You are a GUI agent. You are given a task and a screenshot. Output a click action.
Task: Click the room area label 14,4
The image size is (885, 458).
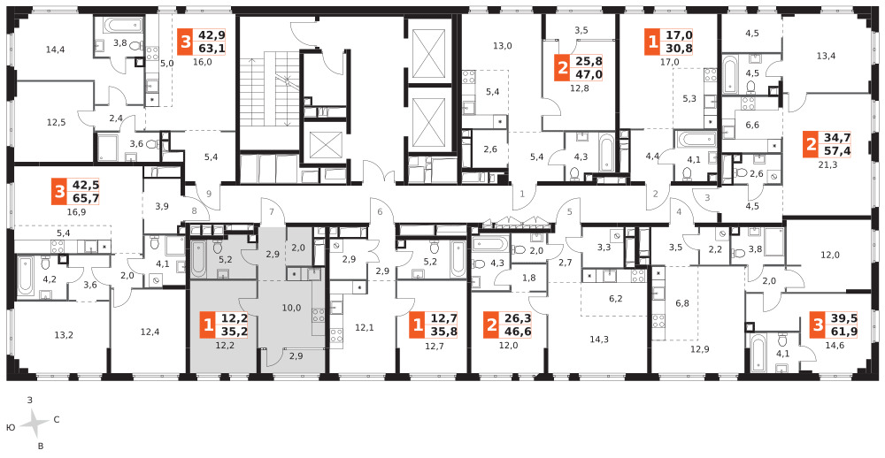point(55,50)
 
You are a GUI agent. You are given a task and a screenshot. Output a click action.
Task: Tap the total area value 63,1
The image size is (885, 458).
point(210,48)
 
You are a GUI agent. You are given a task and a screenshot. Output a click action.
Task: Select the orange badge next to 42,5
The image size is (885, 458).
point(58,192)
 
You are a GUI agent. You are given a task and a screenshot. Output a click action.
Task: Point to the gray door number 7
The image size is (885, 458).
point(272,212)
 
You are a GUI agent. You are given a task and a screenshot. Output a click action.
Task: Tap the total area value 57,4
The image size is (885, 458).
point(837,150)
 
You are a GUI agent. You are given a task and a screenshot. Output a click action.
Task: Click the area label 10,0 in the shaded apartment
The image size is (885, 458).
point(292,307)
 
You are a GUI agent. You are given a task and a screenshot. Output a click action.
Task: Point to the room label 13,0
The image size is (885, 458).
point(503,46)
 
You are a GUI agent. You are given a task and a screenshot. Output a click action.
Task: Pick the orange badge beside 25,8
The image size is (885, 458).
point(562,68)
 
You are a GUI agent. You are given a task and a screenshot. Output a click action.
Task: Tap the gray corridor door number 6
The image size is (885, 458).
point(380,212)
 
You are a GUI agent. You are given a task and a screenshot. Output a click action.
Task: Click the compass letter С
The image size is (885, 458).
point(57,420)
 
